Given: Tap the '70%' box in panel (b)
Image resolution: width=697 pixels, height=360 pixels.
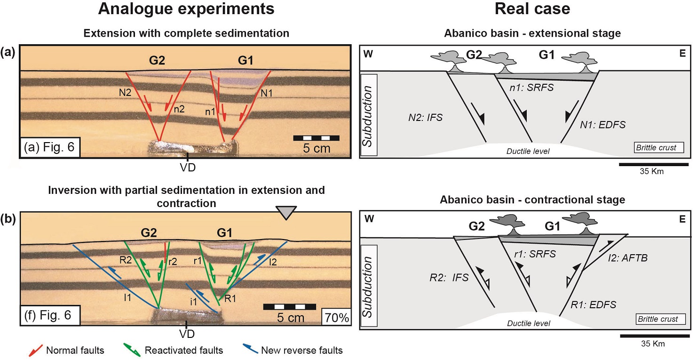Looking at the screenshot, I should [335, 318].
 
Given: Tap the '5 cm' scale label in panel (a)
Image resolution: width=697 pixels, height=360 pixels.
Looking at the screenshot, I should [316, 150].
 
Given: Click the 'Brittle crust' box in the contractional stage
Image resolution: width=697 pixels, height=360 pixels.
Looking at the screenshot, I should [658, 320].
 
